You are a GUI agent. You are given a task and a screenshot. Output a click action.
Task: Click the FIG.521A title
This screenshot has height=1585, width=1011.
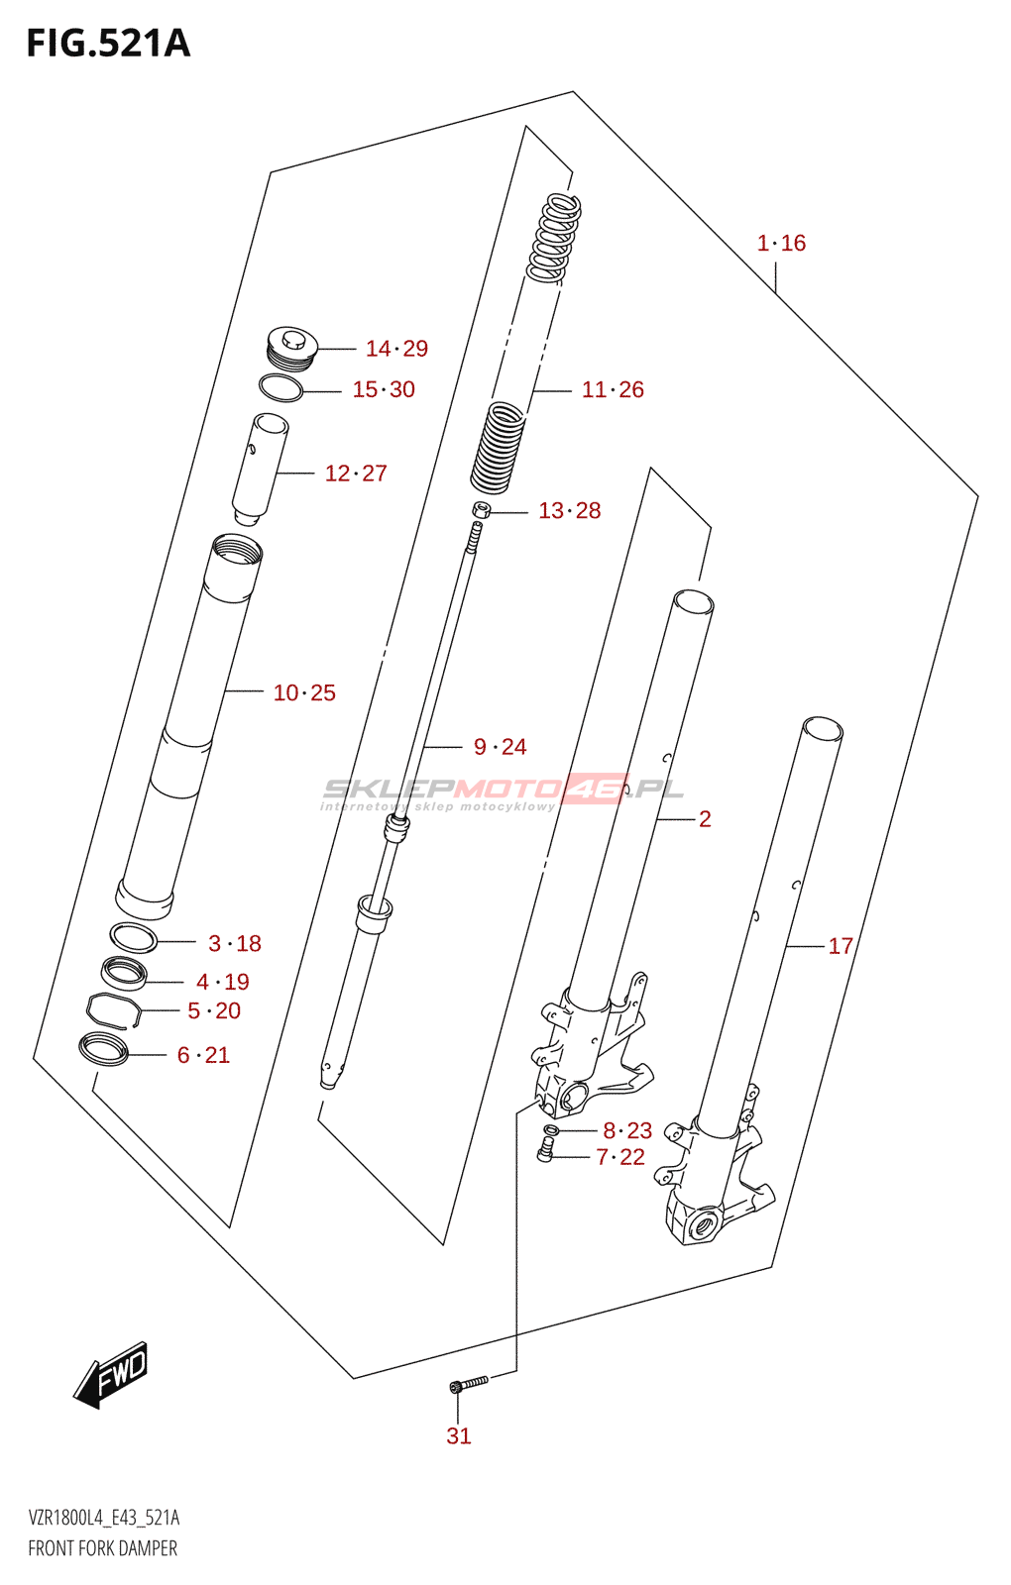coord(108,44)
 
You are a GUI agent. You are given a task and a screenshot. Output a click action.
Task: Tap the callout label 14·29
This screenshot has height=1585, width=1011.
coord(396,349)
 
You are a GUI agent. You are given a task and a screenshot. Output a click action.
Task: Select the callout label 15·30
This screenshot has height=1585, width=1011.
coord(384,390)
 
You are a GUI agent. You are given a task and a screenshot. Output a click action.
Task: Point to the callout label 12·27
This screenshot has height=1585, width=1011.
coord(356,474)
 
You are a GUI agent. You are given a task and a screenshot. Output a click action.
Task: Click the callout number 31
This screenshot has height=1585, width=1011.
coord(459,1436)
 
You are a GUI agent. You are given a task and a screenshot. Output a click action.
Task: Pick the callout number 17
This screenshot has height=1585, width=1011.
coord(841,946)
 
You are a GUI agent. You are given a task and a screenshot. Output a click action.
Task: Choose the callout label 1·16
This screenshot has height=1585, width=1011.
coord(781,244)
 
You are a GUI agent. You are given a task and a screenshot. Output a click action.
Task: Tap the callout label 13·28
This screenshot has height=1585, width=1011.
coord(570,511)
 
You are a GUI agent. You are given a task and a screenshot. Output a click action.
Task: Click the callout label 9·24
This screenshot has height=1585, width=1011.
coord(501,747)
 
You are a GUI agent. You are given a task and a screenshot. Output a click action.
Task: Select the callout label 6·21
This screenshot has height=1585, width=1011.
coord(204,1056)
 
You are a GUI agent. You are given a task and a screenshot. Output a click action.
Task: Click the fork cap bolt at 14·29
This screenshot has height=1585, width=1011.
coord(290,348)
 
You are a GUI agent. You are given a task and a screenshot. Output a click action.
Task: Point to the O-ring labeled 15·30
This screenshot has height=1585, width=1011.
coord(281,388)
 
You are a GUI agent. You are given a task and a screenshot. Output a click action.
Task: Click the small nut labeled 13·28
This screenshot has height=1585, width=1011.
coord(482,510)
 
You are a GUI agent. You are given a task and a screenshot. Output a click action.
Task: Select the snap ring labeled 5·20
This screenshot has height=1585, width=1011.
coord(112,1010)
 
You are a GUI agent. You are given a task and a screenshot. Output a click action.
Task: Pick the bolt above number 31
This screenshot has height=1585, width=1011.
coord(469,1383)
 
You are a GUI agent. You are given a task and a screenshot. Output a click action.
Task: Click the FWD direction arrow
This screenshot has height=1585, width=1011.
coord(111,1374)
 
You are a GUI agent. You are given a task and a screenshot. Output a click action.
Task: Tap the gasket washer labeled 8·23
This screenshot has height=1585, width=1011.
coord(552,1130)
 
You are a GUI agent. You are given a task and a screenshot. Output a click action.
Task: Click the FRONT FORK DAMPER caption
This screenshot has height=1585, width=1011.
coord(103,1548)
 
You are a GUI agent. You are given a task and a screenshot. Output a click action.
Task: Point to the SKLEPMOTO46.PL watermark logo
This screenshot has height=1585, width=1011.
coord(504,792)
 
